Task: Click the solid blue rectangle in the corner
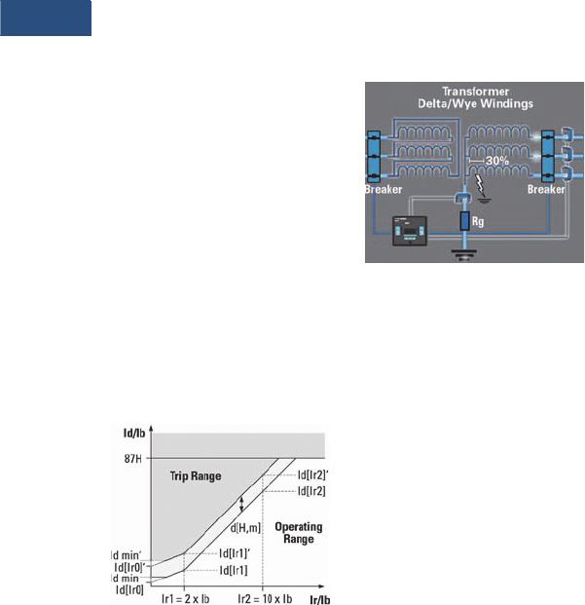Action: (x=46, y=19)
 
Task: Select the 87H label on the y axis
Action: (x=123, y=456)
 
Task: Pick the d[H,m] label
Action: (x=245, y=529)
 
